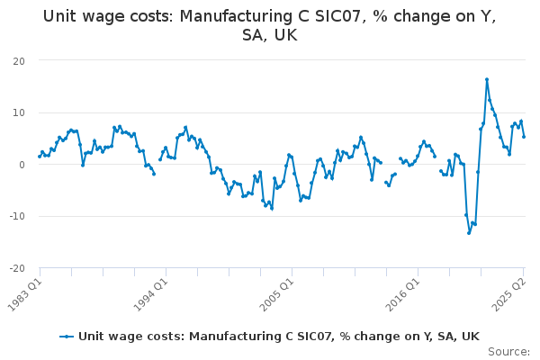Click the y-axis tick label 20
click(x=18, y=60)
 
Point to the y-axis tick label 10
click(x=18, y=112)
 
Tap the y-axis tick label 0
click(x=22, y=165)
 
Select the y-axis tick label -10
click(x=15, y=216)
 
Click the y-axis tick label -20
click(x=15, y=268)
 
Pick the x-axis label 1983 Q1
click(x=27, y=292)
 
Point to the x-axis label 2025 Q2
click(x=510, y=292)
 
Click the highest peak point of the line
click(x=487, y=79)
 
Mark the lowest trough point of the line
click(x=469, y=233)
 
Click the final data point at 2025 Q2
click(x=524, y=137)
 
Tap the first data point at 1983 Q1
click(x=40, y=157)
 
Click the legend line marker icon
click(x=67, y=337)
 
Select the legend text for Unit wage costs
click(x=279, y=337)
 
